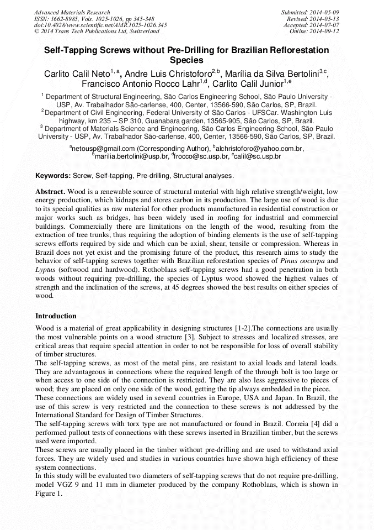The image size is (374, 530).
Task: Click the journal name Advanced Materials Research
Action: (72, 12)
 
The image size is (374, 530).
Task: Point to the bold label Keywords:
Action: (54, 176)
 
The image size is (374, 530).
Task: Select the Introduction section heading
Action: (56, 316)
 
